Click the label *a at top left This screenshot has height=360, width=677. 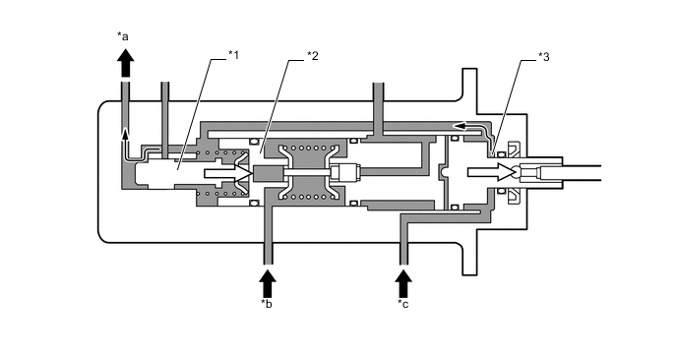[123, 37]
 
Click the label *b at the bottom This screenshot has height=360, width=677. [266, 304]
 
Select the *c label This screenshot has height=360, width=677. [402, 304]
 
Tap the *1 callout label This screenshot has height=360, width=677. [233, 53]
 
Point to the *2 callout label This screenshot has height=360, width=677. [313, 53]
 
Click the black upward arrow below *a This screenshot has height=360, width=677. [125, 63]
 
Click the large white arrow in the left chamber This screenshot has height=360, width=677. [222, 174]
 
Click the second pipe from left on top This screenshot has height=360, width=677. [165, 103]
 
